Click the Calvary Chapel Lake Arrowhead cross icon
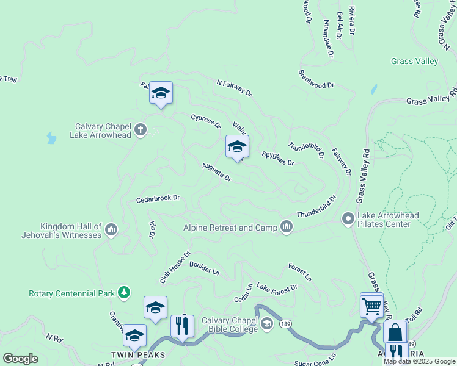tap(141, 129)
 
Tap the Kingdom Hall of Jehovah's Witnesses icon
tap(111, 229)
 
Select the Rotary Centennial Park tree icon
tap(125, 293)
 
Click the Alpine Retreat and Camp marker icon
tap(287, 228)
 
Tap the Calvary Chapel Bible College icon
tap(266, 325)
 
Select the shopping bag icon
tap(395, 333)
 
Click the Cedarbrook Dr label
tap(158, 199)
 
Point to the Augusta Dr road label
tap(217, 173)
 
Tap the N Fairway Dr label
tap(233, 87)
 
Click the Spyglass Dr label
tap(278, 159)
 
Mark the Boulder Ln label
tap(204, 268)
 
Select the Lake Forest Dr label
tap(277, 287)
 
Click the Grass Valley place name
tap(414, 61)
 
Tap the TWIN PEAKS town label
tap(131, 354)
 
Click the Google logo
tap(20, 359)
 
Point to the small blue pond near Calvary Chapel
tap(51, 138)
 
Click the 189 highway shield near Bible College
tap(285, 324)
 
